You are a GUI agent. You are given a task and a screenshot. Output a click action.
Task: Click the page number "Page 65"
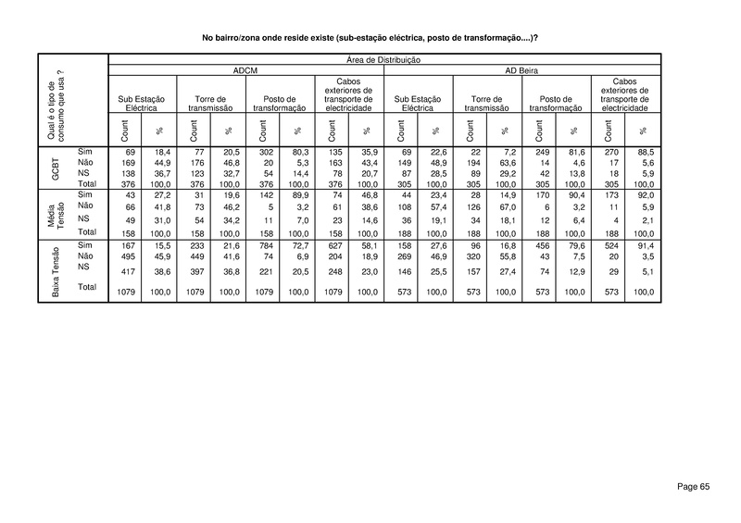pos(692,486)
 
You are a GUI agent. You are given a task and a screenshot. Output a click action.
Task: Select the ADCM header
pos(247,70)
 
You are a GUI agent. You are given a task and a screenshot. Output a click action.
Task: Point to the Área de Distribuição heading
pos(384,60)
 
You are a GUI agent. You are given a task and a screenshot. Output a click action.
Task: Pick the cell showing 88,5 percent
pos(643,150)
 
